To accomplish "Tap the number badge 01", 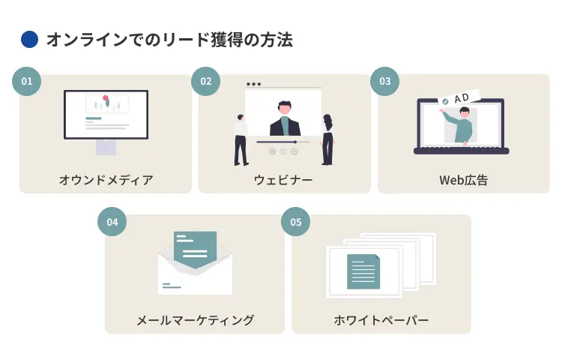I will (x=27, y=81).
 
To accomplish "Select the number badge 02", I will (x=206, y=81).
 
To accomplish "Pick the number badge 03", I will (x=384, y=81).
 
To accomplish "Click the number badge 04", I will (x=112, y=222).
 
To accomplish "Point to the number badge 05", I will (x=295, y=222).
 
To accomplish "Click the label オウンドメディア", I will (x=106, y=180).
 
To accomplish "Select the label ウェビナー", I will (x=283, y=180).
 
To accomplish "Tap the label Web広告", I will (x=463, y=180).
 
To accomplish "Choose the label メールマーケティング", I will (x=195, y=320).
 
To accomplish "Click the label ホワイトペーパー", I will (x=381, y=320).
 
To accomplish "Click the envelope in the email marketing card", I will (x=195, y=266).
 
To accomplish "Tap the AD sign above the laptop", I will (x=461, y=97).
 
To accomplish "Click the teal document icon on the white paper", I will (x=363, y=271).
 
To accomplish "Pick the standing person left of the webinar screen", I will (x=241, y=139).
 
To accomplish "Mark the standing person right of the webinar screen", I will (x=327, y=139).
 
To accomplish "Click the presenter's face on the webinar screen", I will (x=284, y=108).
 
